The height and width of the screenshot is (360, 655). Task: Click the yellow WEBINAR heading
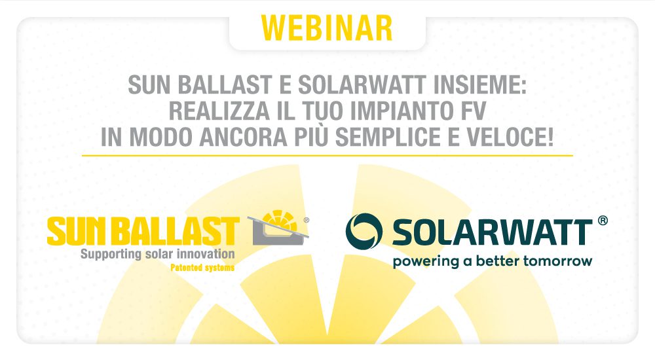click(x=327, y=28)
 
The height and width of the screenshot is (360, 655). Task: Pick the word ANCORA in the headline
click(x=243, y=137)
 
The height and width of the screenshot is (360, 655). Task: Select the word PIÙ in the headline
click(x=311, y=136)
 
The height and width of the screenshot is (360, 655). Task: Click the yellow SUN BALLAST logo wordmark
click(x=143, y=231)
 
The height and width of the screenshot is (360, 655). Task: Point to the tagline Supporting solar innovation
click(x=157, y=255)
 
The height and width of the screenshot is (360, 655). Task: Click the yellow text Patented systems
click(x=202, y=268)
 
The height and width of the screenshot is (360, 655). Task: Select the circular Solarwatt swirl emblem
click(x=364, y=231)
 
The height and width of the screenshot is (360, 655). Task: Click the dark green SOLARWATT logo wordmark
click(x=492, y=232)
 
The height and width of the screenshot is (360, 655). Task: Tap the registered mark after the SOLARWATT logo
click(x=603, y=221)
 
